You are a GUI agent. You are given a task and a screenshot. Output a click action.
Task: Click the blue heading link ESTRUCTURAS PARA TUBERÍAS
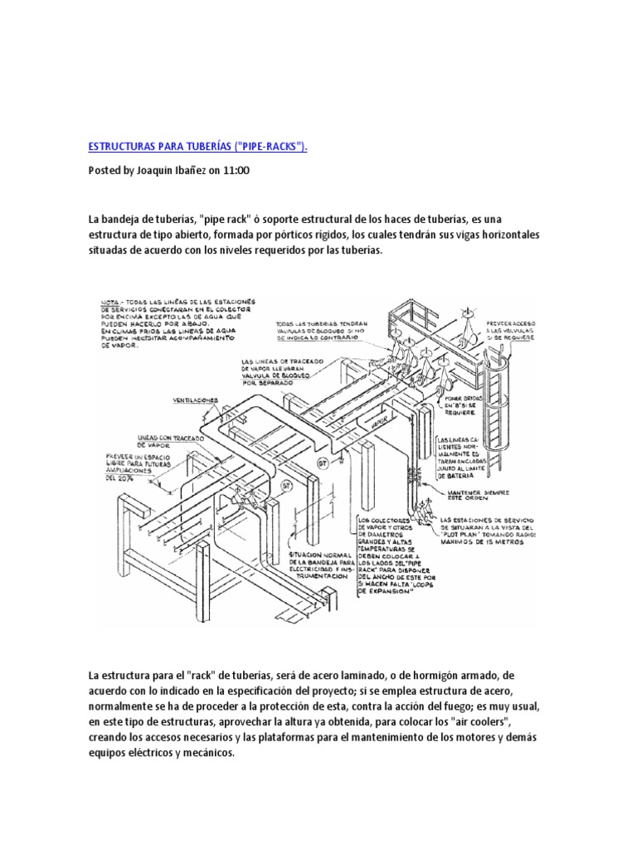[x=197, y=147]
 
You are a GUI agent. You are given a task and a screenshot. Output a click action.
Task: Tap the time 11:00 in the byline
[x=235, y=170]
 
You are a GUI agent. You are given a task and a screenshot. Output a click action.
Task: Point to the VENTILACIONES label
[x=197, y=399]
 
